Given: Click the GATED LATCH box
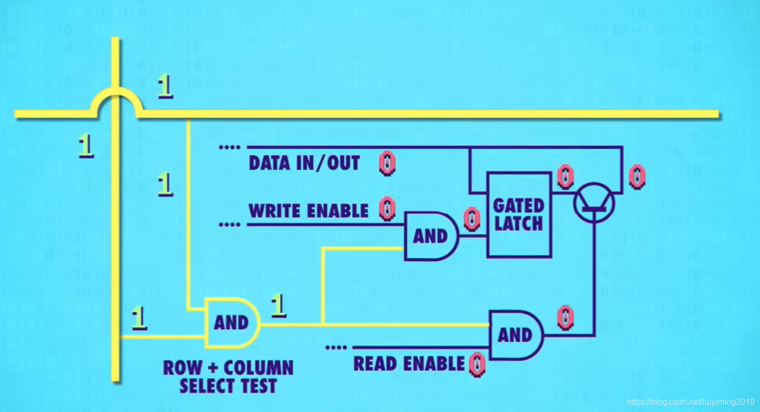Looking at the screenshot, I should pos(518,215).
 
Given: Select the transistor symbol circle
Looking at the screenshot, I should pos(594,203).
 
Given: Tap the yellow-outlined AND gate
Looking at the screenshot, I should pos(231,322).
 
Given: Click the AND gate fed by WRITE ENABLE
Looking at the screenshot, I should pos(430,236).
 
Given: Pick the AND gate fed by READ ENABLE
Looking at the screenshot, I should pos(514,335).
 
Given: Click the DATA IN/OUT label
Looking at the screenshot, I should pos(304,164).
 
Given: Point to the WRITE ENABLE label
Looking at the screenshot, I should pos(308,211).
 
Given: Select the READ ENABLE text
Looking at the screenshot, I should pos(409,364).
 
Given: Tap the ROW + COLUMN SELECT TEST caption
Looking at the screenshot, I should pos(228,377).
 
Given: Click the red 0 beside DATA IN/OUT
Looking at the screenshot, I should pos(387,164).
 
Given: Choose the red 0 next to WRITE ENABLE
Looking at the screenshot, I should pos(387,209).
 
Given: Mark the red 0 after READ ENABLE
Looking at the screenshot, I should pos(476,365).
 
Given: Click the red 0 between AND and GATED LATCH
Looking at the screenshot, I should pos(472,219).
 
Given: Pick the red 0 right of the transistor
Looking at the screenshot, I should pos(635,177).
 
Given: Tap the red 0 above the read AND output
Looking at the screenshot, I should pos(565,318).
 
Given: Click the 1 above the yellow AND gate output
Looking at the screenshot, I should pos(279,306).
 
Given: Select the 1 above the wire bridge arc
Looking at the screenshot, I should pos(166,86).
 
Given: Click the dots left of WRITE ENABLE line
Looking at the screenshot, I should pos(230,225).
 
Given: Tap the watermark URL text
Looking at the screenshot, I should pos(690,402).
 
